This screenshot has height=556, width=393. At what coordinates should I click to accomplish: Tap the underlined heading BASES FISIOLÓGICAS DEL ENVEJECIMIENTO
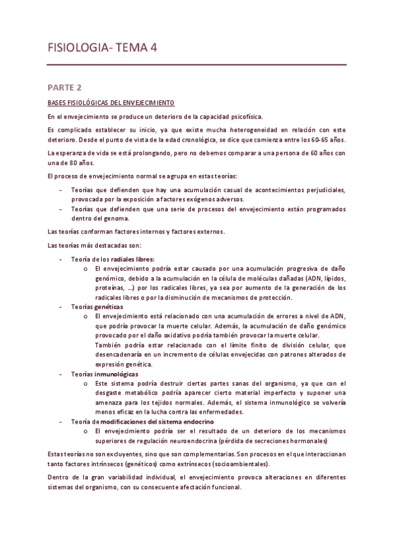tap(112, 103)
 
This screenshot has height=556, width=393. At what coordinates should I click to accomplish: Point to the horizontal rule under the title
tap(196, 65)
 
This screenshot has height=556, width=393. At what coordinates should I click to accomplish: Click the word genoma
tap(117, 218)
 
